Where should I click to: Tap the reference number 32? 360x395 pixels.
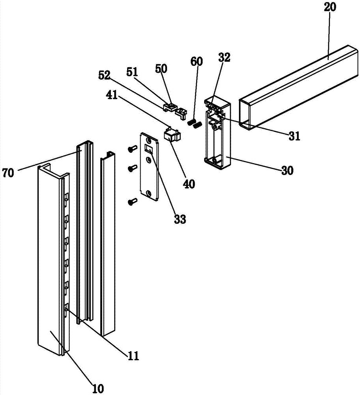(224, 57)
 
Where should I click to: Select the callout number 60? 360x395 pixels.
(197, 61)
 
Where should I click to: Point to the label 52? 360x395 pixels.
(104, 75)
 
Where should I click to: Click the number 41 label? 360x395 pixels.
(112, 94)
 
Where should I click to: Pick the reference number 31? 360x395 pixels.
(294, 136)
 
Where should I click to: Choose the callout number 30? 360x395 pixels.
(287, 171)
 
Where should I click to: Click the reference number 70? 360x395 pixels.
(8, 173)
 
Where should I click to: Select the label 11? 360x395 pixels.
(133, 356)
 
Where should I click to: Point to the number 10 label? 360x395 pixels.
(97, 389)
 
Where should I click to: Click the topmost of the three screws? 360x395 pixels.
(132, 149)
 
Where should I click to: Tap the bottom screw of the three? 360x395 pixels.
(132, 201)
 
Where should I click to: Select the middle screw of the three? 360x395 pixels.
(132, 168)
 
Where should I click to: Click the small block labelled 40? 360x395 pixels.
(173, 134)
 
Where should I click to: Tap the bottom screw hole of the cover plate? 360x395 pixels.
(149, 193)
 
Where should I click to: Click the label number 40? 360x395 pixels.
(189, 184)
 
